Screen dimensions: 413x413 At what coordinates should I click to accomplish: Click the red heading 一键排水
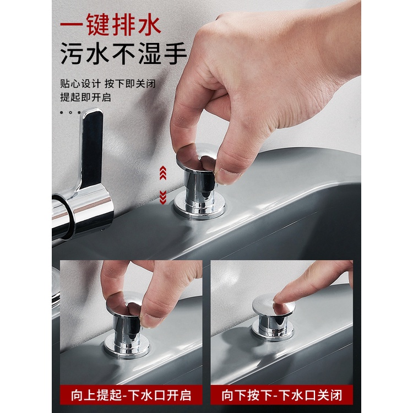coord(111,25)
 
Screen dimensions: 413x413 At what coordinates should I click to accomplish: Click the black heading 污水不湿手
coord(123,54)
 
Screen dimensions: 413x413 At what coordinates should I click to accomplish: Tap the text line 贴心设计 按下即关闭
coord(108,84)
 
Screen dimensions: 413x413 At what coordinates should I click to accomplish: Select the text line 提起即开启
coord(85,97)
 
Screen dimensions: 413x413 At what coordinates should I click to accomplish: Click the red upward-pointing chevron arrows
coord(163,173)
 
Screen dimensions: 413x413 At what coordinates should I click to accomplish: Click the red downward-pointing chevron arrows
coord(163,197)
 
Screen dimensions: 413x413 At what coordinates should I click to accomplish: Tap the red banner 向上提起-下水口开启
coord(131,395)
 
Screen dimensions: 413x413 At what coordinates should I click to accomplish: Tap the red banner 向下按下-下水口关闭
coord(282,395)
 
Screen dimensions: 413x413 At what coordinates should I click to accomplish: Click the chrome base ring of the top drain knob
coord(199,208)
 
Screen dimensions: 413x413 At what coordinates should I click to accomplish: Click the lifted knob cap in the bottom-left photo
coord(124,303)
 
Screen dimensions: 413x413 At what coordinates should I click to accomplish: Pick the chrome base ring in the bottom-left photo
coord(127,345)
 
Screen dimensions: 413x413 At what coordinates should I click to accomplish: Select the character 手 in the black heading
coord(176,54)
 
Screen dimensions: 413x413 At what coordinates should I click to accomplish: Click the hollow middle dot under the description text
coord(70,112)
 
